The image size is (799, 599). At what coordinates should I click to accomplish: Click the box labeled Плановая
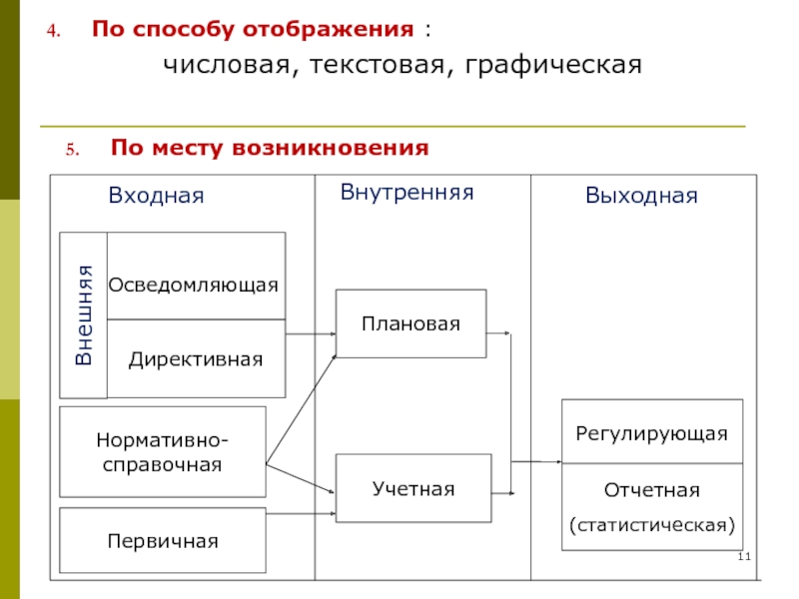coord(410,323)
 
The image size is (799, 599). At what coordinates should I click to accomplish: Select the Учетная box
coord(412,488)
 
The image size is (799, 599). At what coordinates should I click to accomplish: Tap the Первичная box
coord(163,540)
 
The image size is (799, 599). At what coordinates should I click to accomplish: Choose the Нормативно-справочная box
coord(163,451)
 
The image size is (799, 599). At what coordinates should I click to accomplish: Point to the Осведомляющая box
coord(195,285)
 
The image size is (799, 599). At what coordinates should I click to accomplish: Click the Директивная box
coord(195,358)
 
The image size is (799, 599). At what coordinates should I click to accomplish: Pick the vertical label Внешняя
coord(84,314)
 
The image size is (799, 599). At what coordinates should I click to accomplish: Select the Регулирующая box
coord(651,433)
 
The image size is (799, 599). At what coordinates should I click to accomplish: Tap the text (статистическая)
coord(651,523)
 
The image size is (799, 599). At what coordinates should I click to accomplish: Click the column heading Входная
coord(156,196)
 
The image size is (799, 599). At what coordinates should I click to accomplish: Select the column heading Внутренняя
coord(406,190)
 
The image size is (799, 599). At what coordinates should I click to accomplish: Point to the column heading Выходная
coord(641,196)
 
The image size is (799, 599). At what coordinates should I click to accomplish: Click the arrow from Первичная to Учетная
coord(300,514)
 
